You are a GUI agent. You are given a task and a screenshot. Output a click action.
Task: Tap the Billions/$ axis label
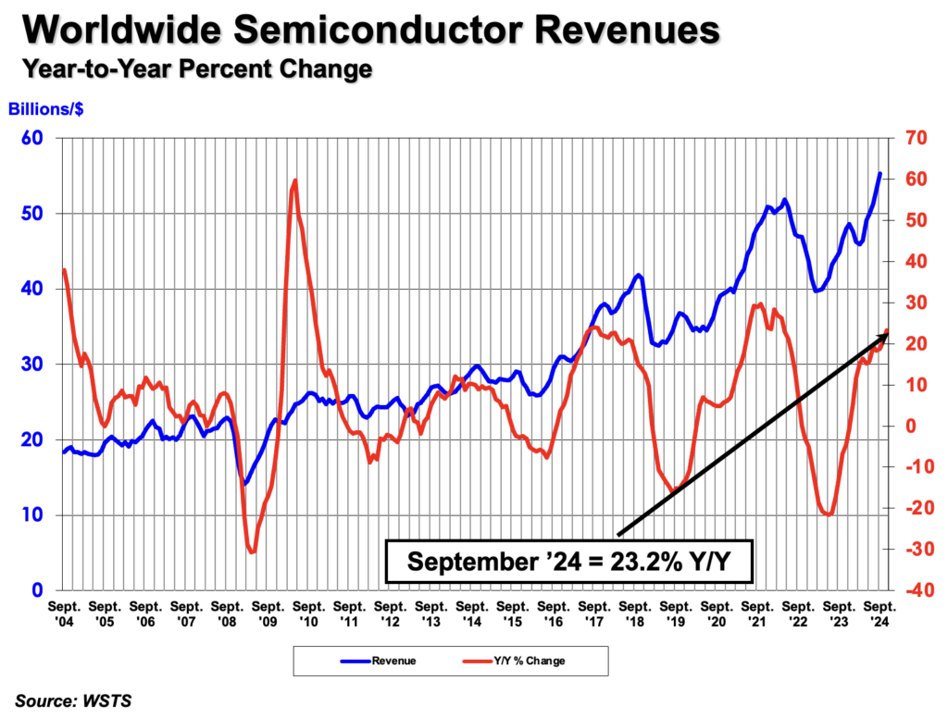(x=47, y=108)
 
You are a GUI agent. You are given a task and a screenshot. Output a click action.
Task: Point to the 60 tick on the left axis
(x=42, y=139)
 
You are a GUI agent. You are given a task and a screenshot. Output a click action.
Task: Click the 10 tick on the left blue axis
(x=42, y=515)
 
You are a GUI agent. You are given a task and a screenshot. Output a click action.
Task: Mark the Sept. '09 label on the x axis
(x=269, y=611)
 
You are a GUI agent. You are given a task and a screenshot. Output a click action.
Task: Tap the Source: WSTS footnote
(x=73, y=700)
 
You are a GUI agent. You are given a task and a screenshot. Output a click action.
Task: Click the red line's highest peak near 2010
(x=294, y=180)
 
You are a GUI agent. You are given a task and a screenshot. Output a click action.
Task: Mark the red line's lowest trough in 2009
(x=252, y=552)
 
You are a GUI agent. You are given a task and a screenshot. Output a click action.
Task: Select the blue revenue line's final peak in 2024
(x=879, y=173)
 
